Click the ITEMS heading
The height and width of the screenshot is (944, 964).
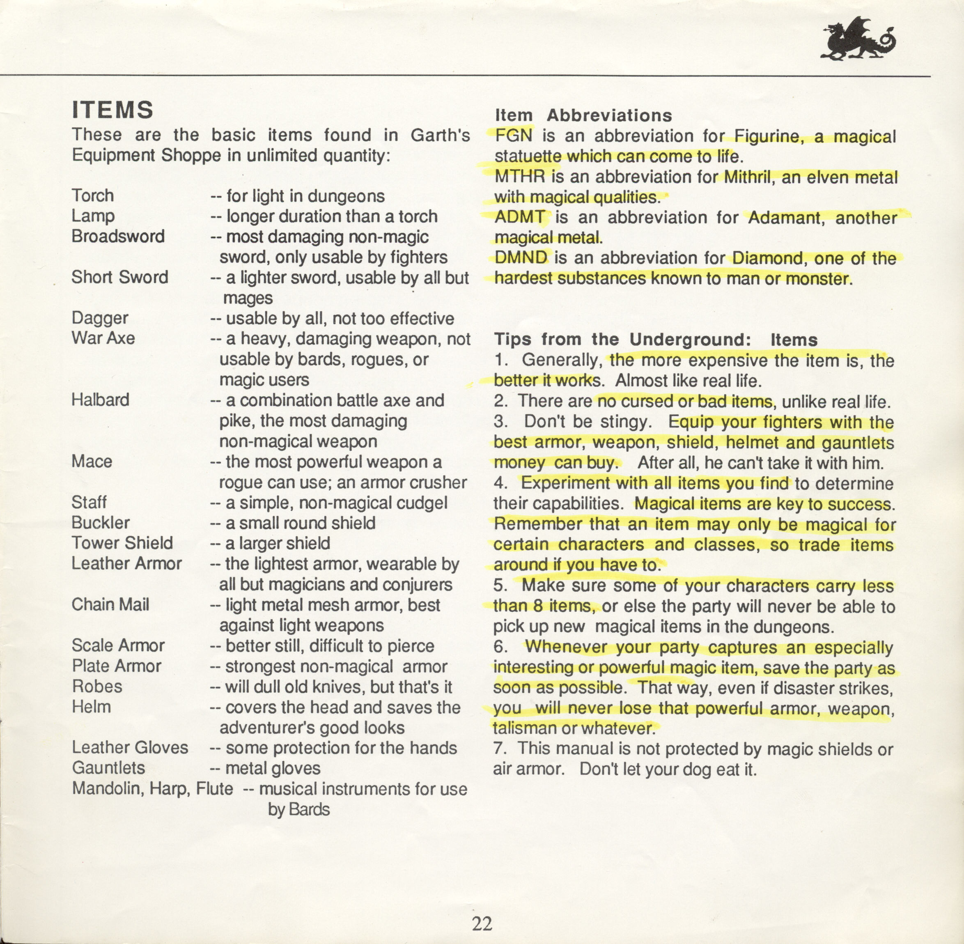[112, 110]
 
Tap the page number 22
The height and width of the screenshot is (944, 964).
[482, 923]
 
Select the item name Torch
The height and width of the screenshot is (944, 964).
[93, 195]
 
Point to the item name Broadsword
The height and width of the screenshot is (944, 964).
[118, 236]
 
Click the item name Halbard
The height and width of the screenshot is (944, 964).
[100, 400]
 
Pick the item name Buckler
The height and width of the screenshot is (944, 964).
[101, 523]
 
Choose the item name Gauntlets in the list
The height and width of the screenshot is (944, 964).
[108, 767]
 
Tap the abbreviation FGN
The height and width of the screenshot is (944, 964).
[514, 136]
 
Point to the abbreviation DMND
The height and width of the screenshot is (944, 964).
[521, 258]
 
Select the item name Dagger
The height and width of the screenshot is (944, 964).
[100, 318]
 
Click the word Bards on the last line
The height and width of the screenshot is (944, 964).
[309, 809]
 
